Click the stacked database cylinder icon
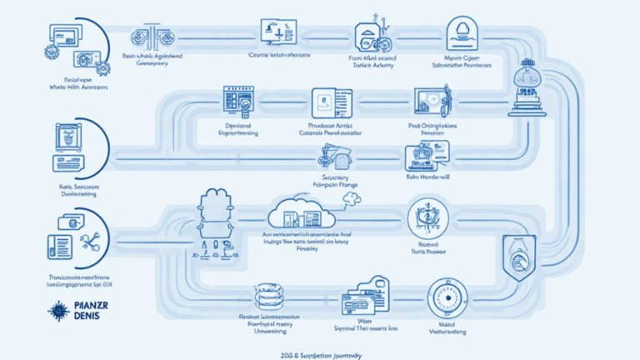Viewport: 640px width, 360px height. pyautogui.click(x=268, y=298)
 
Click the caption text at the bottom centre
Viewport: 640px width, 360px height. pyautogui.click(x=322, y=354)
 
